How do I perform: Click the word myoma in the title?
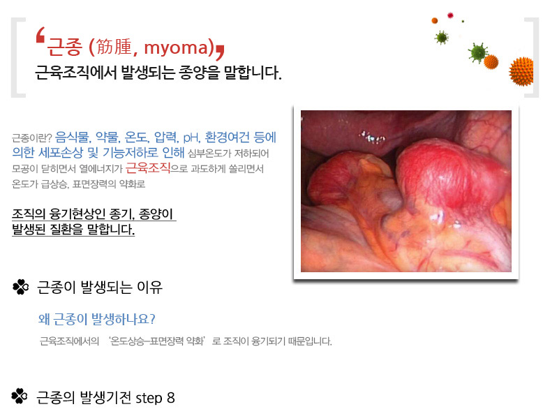point(176,47)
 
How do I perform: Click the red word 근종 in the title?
point(64,47)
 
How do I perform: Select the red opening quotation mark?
point(40,35)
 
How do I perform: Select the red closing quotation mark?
point(220,52)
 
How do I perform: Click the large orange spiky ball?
point(521,72)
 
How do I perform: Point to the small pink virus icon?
point(450,15)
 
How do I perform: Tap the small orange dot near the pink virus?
point(435,20)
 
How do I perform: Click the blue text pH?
point(191,138)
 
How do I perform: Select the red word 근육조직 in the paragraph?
point(148,168)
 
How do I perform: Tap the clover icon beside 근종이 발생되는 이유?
point(21,287)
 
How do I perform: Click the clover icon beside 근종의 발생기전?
point(20,396)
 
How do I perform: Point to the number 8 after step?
point(171,398)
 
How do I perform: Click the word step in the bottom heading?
point(149,399)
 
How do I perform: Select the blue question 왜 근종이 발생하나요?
point(97,319)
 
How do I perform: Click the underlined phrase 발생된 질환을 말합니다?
point(73,230)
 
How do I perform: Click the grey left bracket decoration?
point(18,57)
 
